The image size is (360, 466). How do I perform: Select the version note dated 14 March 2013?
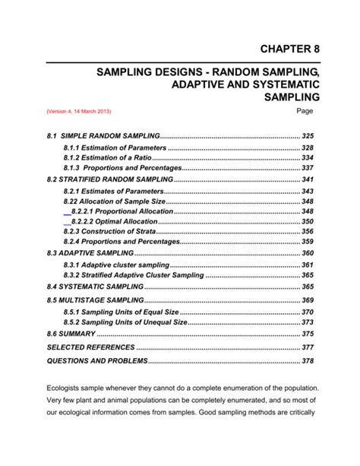click(78, 112)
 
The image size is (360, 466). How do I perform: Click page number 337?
click(308, 167)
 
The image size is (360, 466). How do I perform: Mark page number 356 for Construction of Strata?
click(308, 231)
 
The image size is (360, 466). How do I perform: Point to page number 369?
click(308, 300)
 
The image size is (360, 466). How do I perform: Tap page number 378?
click(308, 361)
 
